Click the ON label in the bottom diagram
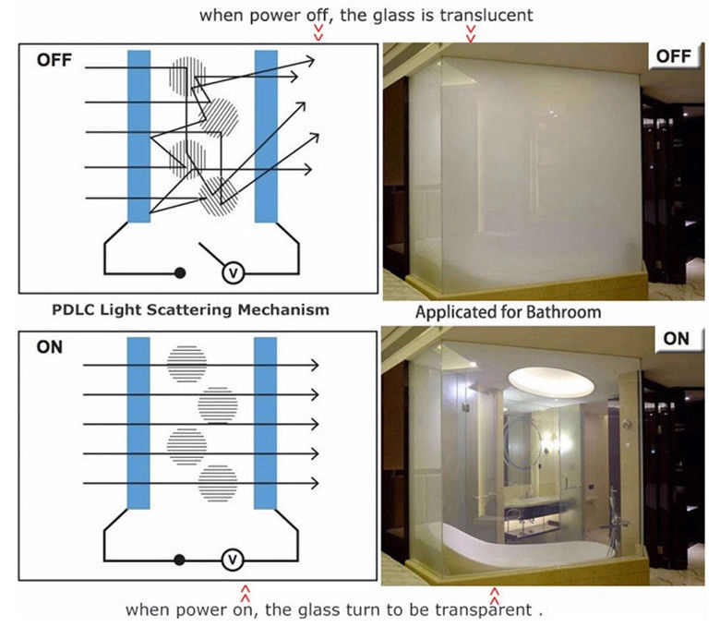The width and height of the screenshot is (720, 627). (x=49, y=348)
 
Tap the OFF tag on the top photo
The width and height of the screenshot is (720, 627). (x=672, y=56)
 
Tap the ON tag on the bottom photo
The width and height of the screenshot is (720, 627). (x=676, y=338)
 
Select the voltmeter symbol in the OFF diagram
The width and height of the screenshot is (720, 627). (x=234, y=272)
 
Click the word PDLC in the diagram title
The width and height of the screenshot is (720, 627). (x=74, y=309)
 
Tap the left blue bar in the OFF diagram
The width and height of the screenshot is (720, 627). (x=138, y=136)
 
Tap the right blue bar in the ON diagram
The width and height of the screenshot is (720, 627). (x=266, y=423)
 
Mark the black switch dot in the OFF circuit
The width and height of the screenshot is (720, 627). (x=180, y=273)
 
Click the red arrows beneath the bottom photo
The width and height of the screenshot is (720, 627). (x=494, y=593)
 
